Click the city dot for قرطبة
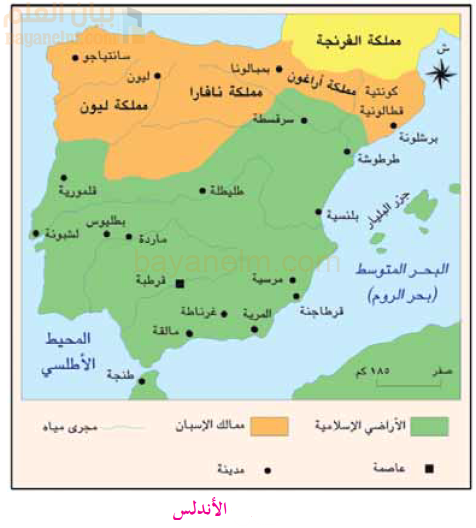[x=180, y=284]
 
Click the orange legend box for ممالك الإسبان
[x=268, y=426]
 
